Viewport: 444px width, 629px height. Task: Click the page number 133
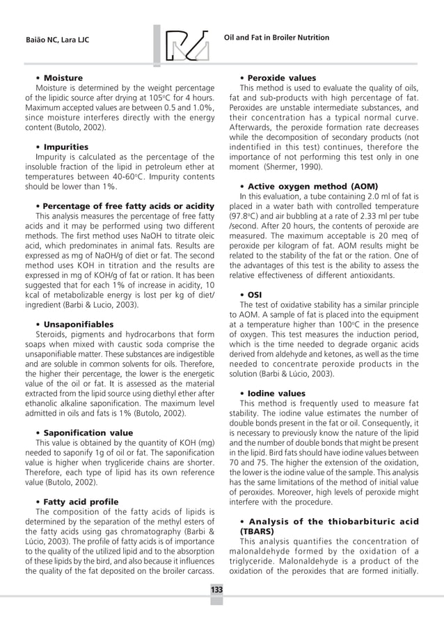[x=217, y=590]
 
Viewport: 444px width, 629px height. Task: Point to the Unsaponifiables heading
[x=78, y=325]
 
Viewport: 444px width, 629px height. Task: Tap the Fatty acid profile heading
[x=81, y=502]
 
